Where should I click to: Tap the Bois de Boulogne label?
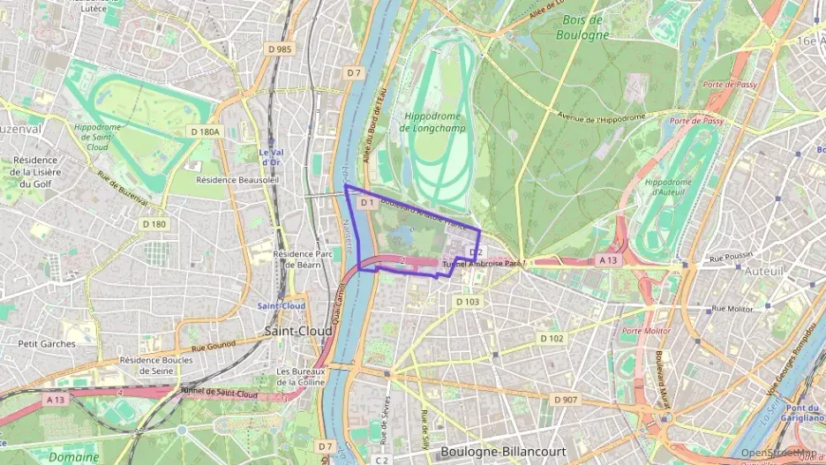582,27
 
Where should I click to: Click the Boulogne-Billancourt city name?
504,451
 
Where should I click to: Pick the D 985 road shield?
281,49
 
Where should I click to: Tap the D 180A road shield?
204,131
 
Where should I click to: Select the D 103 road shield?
468,302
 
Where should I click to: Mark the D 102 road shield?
551,339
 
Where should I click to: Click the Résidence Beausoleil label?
237,179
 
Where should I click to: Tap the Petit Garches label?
47,344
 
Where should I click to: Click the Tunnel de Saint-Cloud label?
219,393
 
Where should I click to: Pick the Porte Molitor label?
646,331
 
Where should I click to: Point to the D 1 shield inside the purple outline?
367,203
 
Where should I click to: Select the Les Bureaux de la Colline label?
301,377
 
